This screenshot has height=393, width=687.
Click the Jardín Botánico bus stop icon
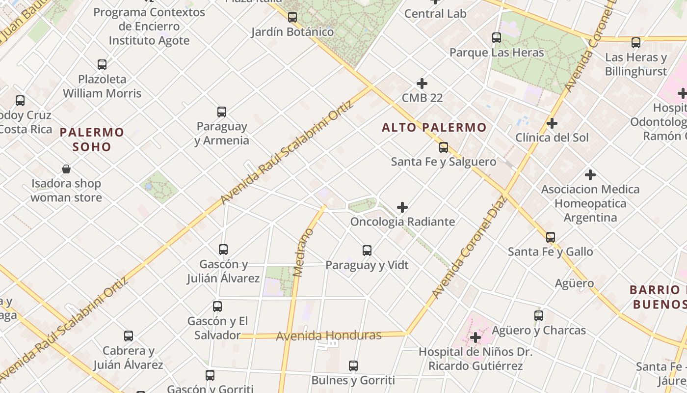coord(292,17)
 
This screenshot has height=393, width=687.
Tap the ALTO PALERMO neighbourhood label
coord(434,128)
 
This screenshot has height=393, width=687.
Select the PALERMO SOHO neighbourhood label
coord(92,139)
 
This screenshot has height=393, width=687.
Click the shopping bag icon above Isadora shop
coord(66,169)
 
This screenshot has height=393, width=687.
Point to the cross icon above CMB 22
coord(422,84)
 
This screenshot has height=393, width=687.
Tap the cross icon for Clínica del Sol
coord(552,123)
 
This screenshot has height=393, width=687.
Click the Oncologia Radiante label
coord(402,222)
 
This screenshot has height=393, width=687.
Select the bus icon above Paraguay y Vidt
coord(367,251)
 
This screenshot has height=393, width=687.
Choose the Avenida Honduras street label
coord(329,336)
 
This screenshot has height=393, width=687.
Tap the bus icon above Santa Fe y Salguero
coord(444,147)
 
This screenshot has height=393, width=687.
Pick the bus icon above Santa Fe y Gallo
coord(551,237)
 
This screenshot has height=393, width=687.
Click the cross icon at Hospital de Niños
coord(475,337)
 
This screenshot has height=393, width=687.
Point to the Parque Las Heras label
coord(497,53)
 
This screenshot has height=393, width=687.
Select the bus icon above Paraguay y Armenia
coord(222,112)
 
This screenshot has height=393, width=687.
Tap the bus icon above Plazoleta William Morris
coord(102,64)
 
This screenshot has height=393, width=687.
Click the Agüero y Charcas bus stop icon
coord(539,316)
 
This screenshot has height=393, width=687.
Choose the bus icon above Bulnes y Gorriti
coord(353,366)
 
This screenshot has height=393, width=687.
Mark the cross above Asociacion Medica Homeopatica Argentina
coord(590,175)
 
